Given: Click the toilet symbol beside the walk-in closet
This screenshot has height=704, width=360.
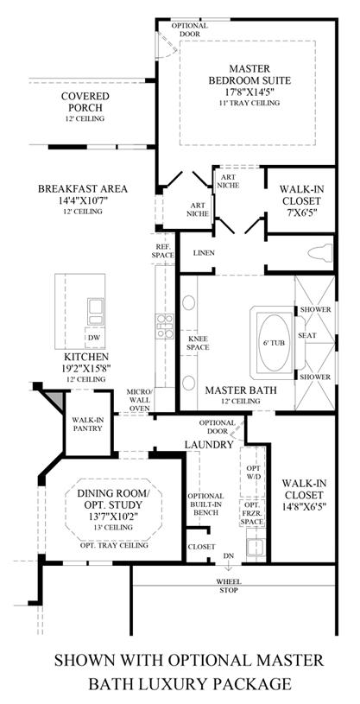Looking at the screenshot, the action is (320, 252).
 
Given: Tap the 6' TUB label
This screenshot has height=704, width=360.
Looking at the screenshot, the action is (274, 343).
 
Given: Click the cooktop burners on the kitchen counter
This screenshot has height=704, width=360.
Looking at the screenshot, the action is (164, 327).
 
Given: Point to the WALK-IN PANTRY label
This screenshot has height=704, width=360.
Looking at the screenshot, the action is (88, 424).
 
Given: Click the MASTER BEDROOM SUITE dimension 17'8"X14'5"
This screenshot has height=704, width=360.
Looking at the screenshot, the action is (249, 92).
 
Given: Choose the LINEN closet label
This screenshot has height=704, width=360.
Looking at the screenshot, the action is (204, 253).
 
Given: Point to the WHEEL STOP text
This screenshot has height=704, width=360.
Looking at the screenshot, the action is (229, 586).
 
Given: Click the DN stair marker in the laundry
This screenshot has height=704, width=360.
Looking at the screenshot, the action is (229, 555).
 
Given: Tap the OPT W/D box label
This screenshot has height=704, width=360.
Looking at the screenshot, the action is (252, 473).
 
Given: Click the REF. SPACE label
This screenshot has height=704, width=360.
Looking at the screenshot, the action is (164, 251).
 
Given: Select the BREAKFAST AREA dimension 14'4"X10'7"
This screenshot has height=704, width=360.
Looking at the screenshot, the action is (82, 200).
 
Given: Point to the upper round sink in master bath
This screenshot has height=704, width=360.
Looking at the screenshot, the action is (189, 302).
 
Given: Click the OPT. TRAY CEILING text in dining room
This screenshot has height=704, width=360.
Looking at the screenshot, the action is (114, 545).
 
